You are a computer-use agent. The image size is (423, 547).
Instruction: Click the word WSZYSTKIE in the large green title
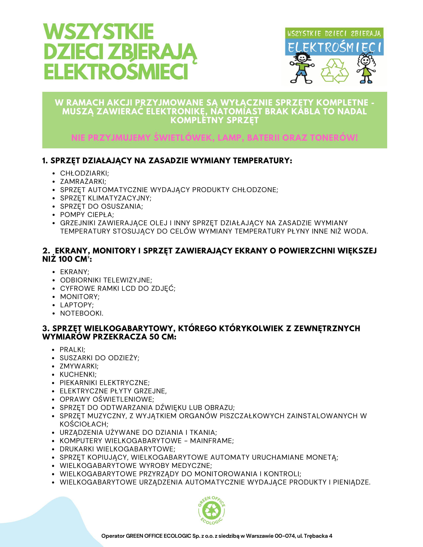[x=99, y=32]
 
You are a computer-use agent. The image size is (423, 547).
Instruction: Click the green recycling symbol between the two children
[x=335, y=70]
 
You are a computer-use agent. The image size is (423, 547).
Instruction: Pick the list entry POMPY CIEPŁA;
[x=87, y=215]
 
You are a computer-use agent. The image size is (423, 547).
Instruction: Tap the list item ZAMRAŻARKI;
[x=83, y=181]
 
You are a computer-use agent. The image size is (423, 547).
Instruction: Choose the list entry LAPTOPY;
[x=77, y=305]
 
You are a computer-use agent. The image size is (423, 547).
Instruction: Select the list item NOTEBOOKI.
[x=81, y=313]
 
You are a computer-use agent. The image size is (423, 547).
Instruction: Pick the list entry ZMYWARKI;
[x=79, y=366]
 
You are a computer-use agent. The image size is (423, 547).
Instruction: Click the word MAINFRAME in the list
[x=212, y=441]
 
